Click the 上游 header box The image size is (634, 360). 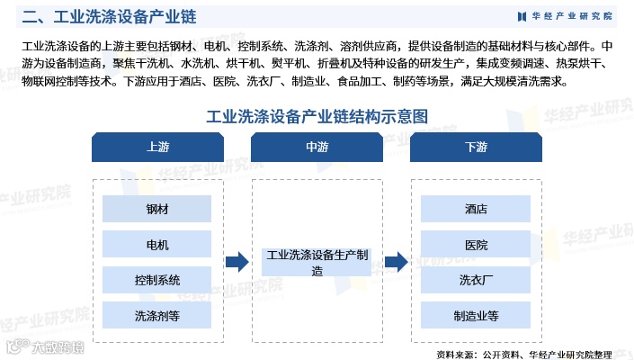pyautogui.click(x=156, y=148)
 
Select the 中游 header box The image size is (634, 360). pyautogui.click(x=317, y=148)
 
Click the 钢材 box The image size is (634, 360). pyautogui.click(x=156, y=209)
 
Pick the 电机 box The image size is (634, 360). pyautogui.click(x=156, y=244)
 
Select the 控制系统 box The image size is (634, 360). pyautogui.click(x=156, y=280)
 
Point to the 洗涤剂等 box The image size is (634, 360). pyautogui.click(x=156, y=315)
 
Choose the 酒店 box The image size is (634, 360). pyautogui.click(x=476, y=209)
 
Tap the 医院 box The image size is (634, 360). pyautogui.click(x=476, y=244)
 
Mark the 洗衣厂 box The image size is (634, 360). pyautogui.click(x=476, y=280)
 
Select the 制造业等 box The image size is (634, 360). pyautogui.click(x=476, y=315)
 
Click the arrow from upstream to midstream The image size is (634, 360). pyautogui.click(x=237, y=262)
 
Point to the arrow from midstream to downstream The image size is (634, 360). pyautogui.click(x=397, y=262)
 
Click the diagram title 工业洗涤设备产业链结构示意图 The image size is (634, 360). pyautogui.click(x=317, y=116)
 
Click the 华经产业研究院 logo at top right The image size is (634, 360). pyautogui.click(x=565, y=16)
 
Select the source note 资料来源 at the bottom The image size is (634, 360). pyautogui.click(x=536, y=353)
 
